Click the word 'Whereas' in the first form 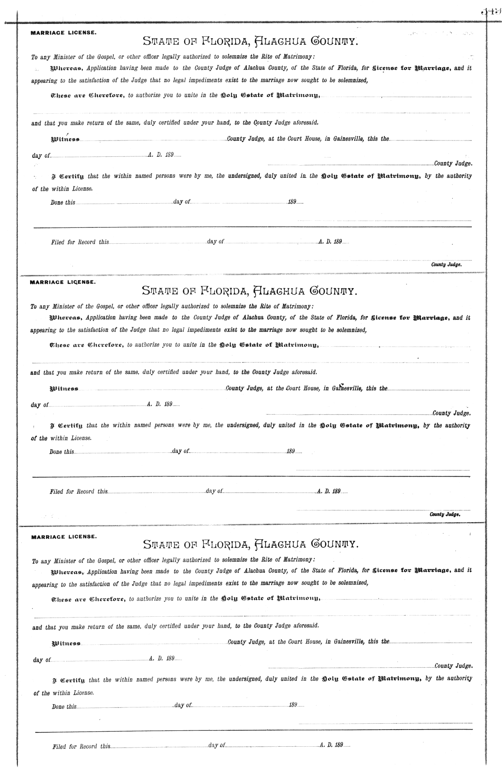63,68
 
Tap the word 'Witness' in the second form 64,389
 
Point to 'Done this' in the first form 63,202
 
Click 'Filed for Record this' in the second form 79,492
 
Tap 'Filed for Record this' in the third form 81,746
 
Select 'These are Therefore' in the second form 86,345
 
